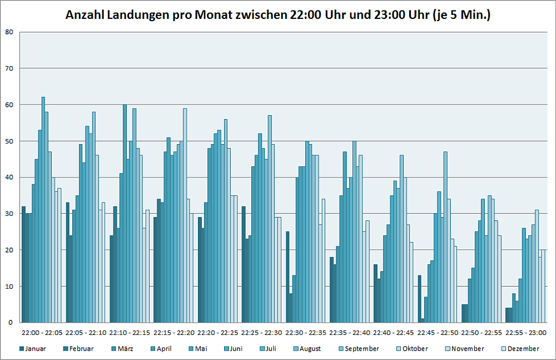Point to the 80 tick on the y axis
click(x=9, y=32)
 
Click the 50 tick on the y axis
click(x=9, y=141)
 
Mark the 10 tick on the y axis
click(x=9, y=287)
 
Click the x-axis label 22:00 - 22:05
click(x=42, y=333)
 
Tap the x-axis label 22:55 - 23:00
click(x=525, y=333)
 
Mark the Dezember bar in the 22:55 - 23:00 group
click(x=544, y=286)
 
